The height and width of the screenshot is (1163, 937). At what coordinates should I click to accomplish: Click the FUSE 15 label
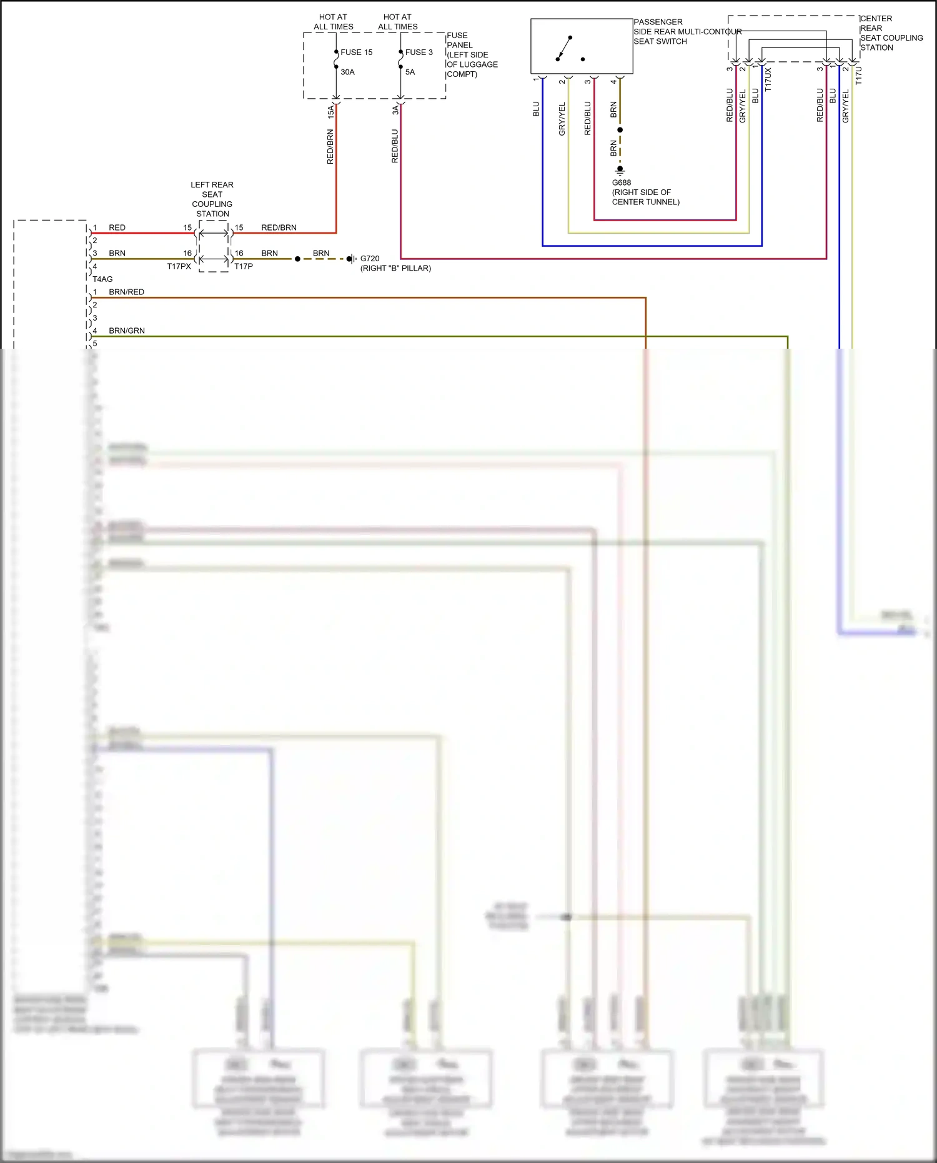[x=356, y=52]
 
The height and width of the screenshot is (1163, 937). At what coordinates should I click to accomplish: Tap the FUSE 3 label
[x=419, y=52]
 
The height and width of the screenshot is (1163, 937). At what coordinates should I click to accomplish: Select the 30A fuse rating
[x=347, y=72]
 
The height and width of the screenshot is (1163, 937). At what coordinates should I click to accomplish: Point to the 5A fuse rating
[x=410, y=72]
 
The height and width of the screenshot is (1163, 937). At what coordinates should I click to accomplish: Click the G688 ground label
[x=622, y=182]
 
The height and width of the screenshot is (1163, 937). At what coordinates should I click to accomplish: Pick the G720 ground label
[x=370, y=258]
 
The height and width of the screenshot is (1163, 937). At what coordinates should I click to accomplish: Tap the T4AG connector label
[x=102, y=279]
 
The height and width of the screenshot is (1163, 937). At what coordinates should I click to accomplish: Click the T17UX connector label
[x=768, y=79]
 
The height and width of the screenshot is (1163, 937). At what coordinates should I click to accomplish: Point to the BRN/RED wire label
[x=126, y=292]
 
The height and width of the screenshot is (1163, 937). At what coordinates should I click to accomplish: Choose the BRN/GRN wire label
[x=127, y=331]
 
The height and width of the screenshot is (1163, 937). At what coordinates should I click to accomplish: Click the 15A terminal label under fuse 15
[x=330, y=112]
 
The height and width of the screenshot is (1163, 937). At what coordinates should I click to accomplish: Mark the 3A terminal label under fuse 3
[x=395, y=110]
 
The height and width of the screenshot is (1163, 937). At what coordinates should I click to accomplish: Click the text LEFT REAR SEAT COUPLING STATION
[x=212, y=199]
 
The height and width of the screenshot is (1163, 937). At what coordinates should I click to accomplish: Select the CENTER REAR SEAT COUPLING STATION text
[x=891, y=33]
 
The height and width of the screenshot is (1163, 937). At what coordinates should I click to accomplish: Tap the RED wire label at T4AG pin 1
[x=117, y=227]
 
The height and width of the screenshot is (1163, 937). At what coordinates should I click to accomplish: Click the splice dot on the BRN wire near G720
[x=297, y=259]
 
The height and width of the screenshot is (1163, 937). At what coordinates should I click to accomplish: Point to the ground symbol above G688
[x=620, y=169]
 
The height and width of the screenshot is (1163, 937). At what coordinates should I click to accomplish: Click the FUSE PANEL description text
[x=472, y=55]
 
